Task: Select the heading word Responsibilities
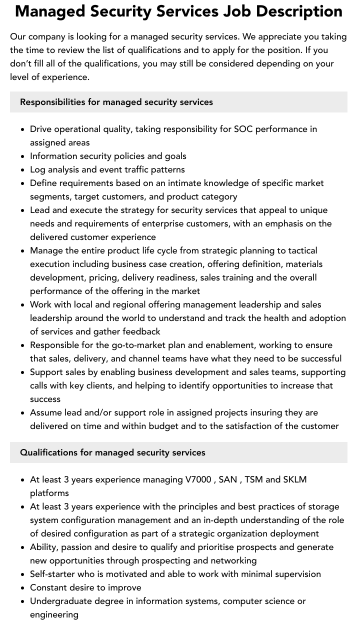[52, 102]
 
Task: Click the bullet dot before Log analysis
[23, 170]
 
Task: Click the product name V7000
[198, 479]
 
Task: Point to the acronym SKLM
[295, 479]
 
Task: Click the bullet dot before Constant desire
[23, 588]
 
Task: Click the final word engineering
[54, 614]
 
